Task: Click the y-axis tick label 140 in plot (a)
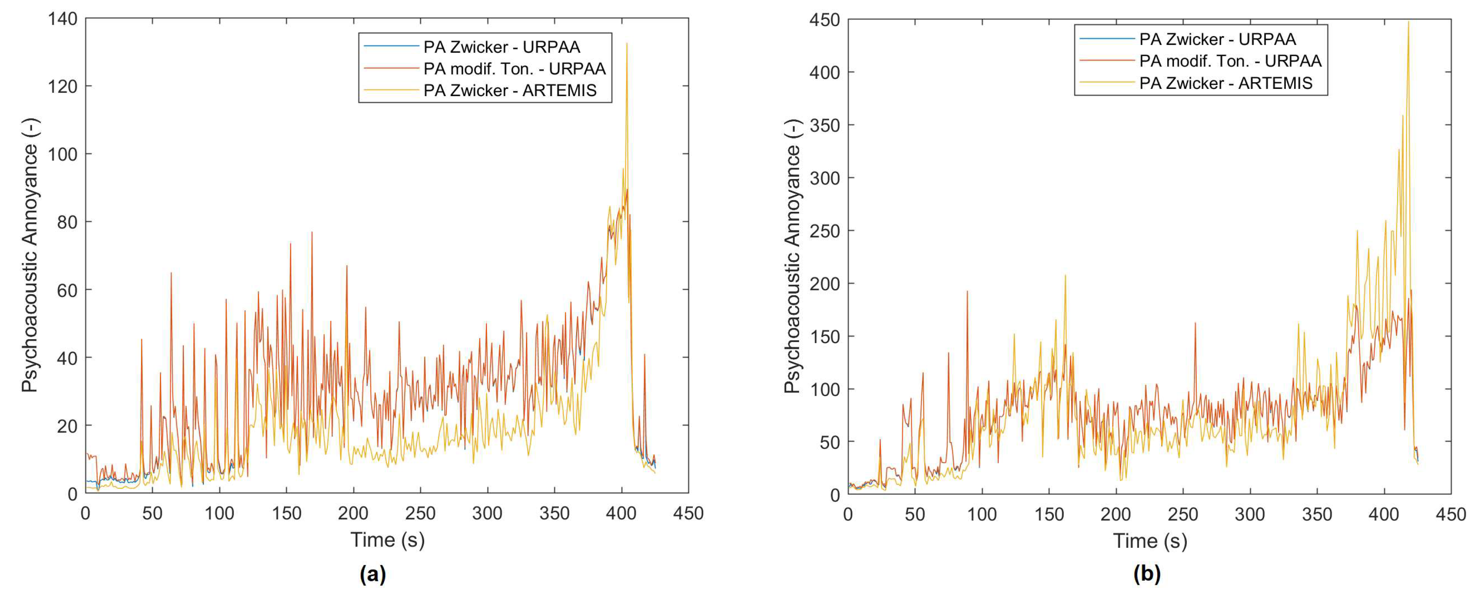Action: tap(63, 19)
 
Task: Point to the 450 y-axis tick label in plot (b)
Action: tap(824, 20)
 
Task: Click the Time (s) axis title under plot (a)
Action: tap(387, 540)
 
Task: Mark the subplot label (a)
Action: tap(373, 573)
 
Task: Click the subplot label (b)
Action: tap(1147, 573)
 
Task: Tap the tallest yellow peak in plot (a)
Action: tap(627, 44)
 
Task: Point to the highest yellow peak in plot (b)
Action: tap(1408, 23)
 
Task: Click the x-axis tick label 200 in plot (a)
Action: tap(353, 513)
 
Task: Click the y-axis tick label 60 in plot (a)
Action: tap(67, 290)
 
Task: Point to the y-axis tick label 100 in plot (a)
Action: tap(63, 154)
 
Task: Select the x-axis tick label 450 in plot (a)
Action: tap(688, 513)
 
